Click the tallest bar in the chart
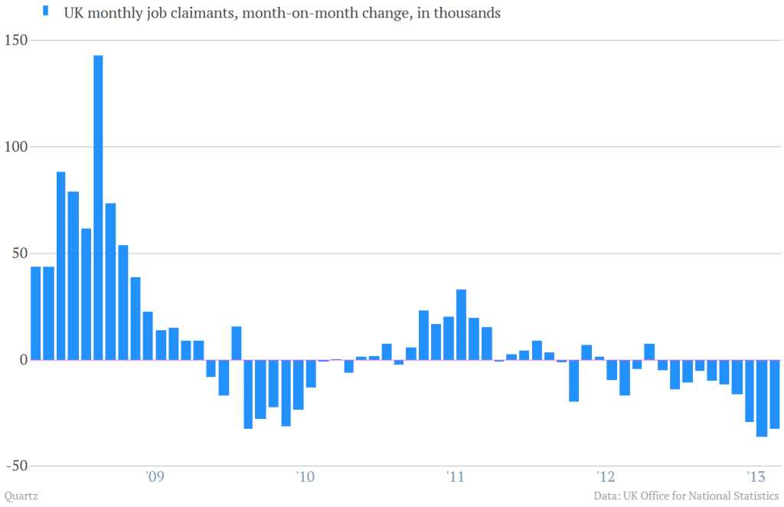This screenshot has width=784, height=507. pyautogui.click(x=98, y=207)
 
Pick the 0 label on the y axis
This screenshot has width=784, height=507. pyautogui.click(x=22, y=359)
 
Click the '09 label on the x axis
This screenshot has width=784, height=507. pyautogui.click(x=155, y=477)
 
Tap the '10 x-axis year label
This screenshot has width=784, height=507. pyautogui.click(x=305, y=477)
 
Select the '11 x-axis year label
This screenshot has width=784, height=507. pyautogui.click(x=456, y=477)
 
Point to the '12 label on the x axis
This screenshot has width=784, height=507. pyautogui.click(x=606, y=477)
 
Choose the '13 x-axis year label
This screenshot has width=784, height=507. pyautogui.click(x=756, y=477)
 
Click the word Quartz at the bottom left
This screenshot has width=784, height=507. pyautogui.click(x=21, y=496)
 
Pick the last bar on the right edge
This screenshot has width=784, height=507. pyautogui.click(x=774, y=394)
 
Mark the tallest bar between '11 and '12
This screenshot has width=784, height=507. pyautogui.click(x=461, y=324)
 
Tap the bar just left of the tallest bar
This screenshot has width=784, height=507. pyautogui.click(x=86, y=294)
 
